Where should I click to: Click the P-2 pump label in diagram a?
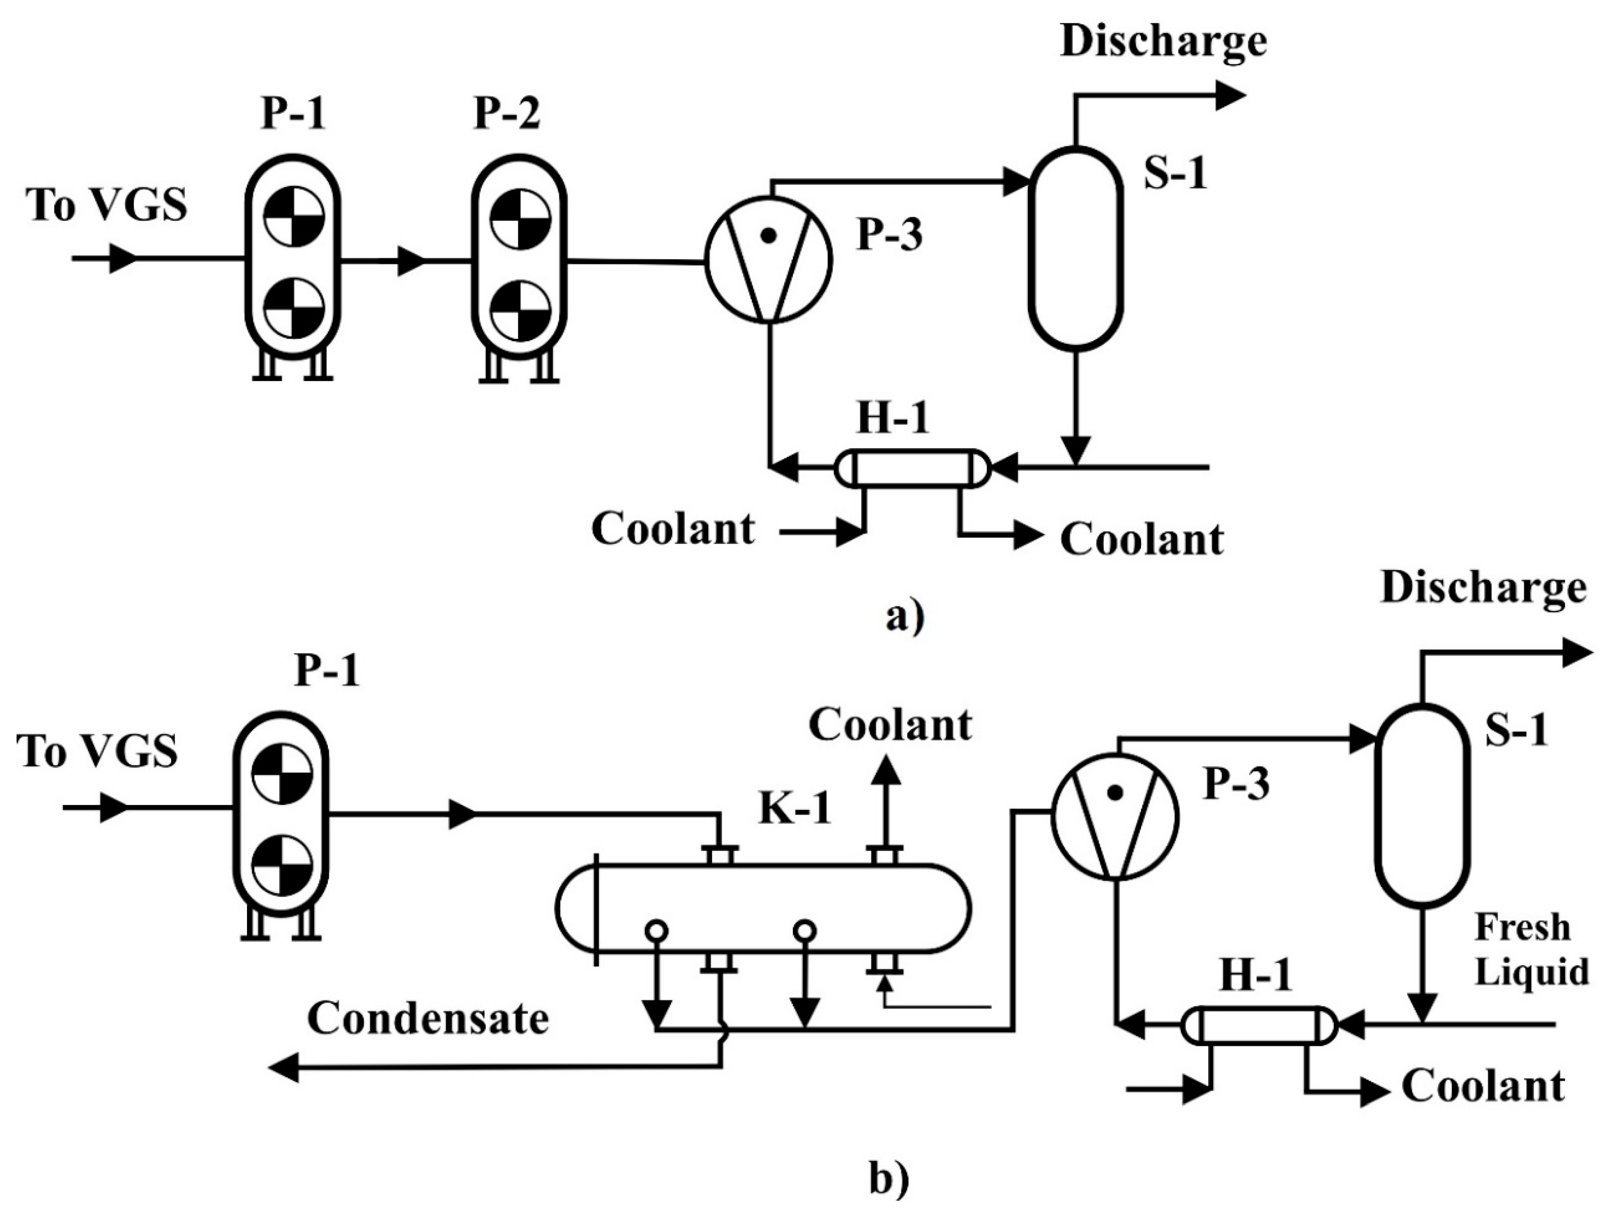point(507,114)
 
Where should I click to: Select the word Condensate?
point(428,1018)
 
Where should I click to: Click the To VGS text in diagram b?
point(98,750)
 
